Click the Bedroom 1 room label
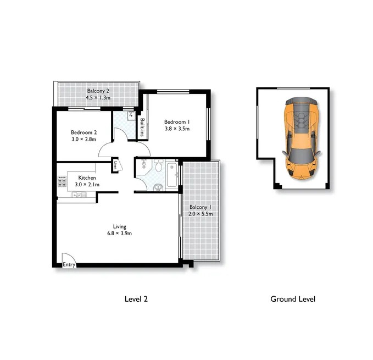(x=177, y=122)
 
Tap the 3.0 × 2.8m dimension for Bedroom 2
(x=83, y=139)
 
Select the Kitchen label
(x=87, y=178)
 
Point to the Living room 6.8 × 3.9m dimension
(x=119, y=234)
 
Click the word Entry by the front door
(x=69, y=264)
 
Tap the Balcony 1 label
(x=201, y=207)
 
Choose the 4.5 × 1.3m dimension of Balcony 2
(x=98, y=97)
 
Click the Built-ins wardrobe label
(x=142, y=128)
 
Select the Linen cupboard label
(x=115, y=165)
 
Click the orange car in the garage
(x=301, y=138)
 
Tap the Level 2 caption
(x=136, y=299)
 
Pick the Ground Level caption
(x=293, y=299)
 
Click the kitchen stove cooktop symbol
(x=62, y=181)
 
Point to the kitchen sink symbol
(x=79, y=195)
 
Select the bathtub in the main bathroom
(x=172, y=175)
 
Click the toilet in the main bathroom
(x=158, y=165)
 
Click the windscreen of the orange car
(x=300, y=156)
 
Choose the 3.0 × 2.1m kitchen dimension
(x=87, y=185)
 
